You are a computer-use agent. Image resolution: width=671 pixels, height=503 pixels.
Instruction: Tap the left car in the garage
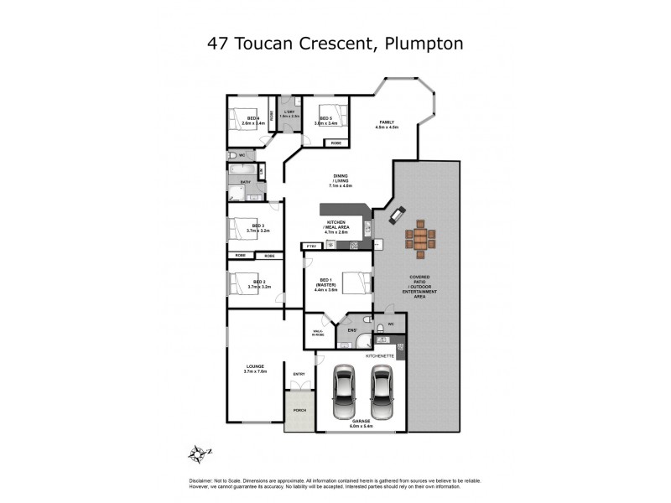tap(343, 394)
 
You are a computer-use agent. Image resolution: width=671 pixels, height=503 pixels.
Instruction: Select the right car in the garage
tap(382, 394)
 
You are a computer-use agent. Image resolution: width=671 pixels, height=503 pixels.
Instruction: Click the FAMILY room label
tap(386, 122)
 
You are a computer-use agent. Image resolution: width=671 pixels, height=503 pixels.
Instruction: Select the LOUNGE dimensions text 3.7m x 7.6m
tap(256, 371)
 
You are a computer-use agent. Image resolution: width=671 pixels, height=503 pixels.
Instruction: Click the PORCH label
tap(299, 410)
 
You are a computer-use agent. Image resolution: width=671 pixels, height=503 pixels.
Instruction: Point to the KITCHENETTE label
tap(379, 356)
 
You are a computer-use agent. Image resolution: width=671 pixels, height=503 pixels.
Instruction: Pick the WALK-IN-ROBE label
tap(318, 332)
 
